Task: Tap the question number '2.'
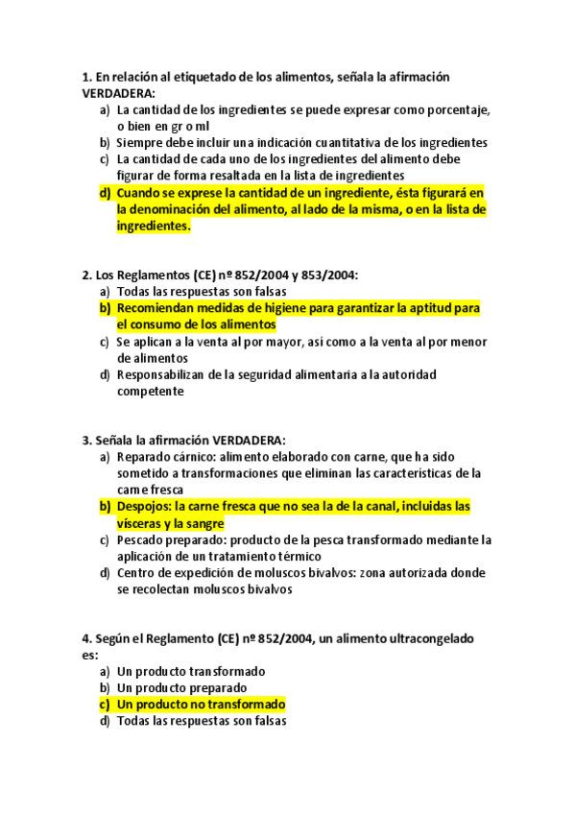88,275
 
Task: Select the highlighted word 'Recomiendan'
156,308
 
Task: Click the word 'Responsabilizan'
165,374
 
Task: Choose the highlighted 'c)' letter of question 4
105,705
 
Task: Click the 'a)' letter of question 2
105,291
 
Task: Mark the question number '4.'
88,638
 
